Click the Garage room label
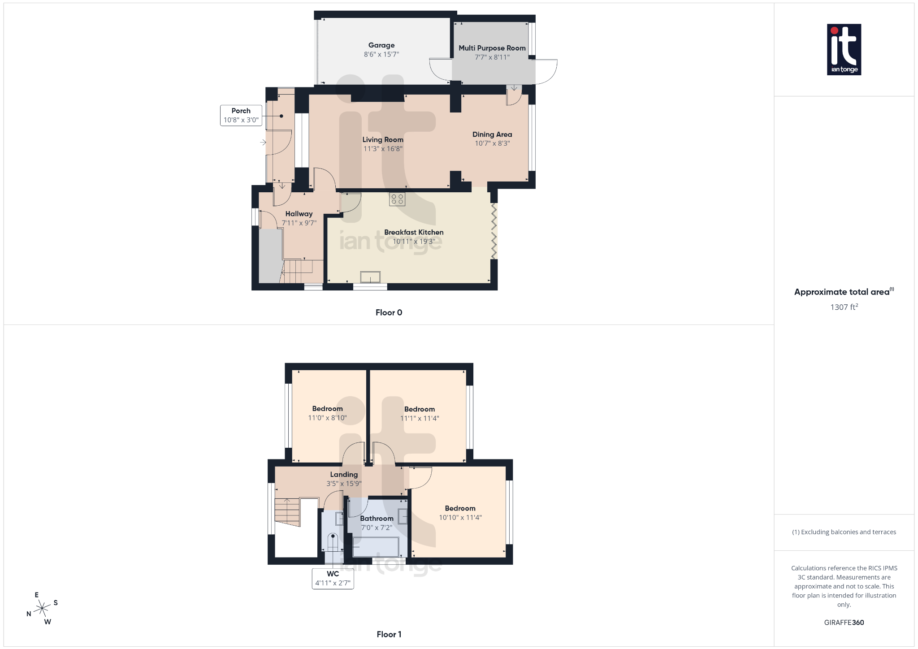(381, 45)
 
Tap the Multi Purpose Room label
(492, 48)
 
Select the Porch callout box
(241, 115)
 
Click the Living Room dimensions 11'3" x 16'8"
(383, 149)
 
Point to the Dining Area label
(492, 134)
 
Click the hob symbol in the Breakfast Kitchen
(397, 199)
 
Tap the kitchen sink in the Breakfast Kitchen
(370, 277)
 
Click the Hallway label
(299, 214)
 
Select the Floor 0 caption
(389, 312)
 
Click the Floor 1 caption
(389, 634)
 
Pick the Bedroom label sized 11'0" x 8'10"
(327, 409)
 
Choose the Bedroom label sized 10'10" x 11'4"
(460, 508)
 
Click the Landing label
(344, 474)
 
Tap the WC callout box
(333, 578)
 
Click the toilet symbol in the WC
(333, 542)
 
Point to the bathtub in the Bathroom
(376, 547)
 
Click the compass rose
(42, 608)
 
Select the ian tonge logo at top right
(844, 49)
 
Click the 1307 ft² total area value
(844, 307)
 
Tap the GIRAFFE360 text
(844, 623)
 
